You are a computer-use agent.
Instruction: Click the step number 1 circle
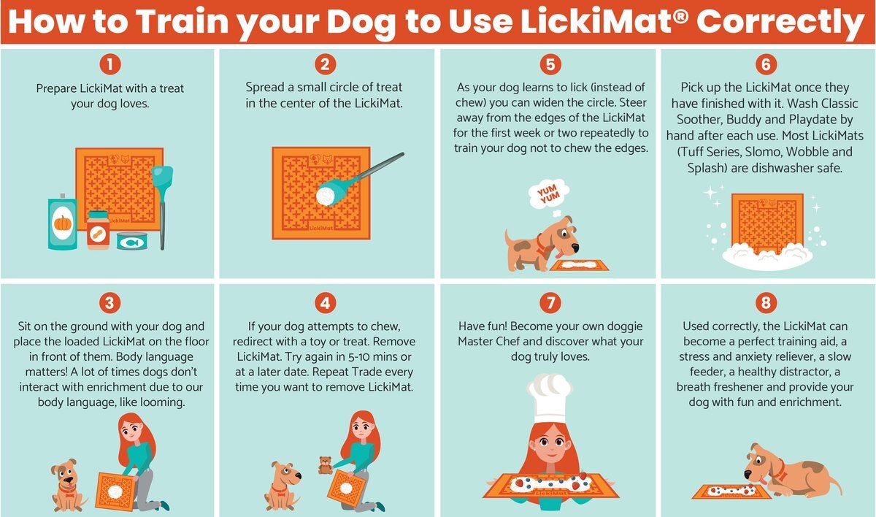pos(109,65)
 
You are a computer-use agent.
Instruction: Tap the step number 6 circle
pos(765,65)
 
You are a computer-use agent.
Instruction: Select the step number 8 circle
pos(765,302)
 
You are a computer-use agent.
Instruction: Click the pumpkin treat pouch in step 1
pos(64,223)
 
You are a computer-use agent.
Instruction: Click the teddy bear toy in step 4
pos(326,465)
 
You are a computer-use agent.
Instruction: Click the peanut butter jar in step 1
pos(97,231)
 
